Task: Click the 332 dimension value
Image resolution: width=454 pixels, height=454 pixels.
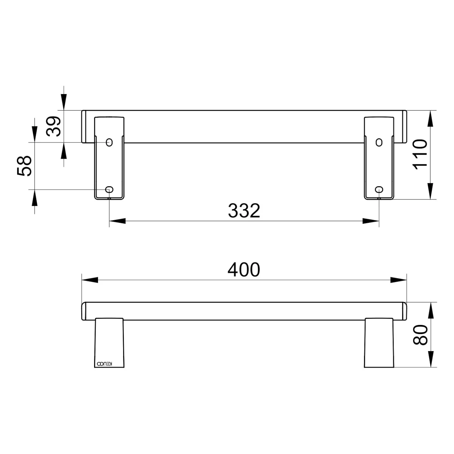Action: coord(244,211)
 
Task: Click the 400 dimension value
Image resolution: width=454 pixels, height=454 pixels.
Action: coord(244,270)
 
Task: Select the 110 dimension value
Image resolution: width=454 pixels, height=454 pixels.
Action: coord(420,154)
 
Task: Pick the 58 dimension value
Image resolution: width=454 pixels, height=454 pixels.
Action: coord(25,166)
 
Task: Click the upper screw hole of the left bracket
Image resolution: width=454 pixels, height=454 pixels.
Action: coord(109,142)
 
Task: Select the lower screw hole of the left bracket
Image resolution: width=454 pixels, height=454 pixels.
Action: coord(109,189)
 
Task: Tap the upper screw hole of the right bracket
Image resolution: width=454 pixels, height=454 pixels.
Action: coord(379,142)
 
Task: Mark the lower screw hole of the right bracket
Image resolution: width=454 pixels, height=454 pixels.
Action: coord(379,189)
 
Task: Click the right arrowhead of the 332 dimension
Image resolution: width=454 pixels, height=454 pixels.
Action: coord(371,221)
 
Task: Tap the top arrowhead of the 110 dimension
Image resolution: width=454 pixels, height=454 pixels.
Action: coord(430,119)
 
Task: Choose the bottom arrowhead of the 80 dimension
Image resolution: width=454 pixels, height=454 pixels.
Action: coord(430,359)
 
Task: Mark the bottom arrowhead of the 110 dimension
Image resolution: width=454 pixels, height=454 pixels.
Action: coord(430,191)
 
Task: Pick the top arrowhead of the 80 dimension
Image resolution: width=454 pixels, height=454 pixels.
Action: coord(430,311)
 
